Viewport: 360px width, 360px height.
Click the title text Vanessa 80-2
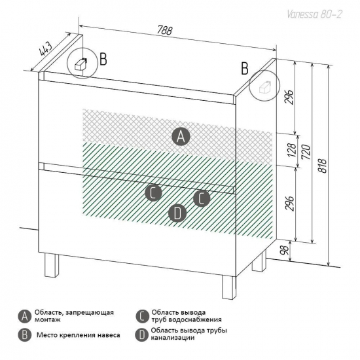pos(314,14)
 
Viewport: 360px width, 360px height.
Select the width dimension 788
pos(164,31)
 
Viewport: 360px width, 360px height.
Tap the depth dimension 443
pos(46,49)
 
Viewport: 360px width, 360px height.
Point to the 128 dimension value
pos(291,150)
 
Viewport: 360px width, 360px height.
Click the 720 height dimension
pos(306,152)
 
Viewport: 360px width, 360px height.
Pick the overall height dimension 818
pos(323,166)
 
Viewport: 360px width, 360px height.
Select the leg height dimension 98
pos(284,250)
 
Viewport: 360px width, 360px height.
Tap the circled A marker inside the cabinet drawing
pos(181,137)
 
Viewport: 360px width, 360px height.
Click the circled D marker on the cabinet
pos(177,213)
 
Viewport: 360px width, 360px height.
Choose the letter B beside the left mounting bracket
pos(103,59)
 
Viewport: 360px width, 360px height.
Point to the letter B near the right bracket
pos(245,68)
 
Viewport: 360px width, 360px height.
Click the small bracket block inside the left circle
pos(81,64)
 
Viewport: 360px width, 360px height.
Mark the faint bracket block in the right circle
pos(264,87)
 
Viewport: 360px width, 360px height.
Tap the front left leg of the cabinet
pos(52,265)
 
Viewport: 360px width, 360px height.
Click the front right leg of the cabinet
pos(229,287)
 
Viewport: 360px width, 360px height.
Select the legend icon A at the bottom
pos(25,317)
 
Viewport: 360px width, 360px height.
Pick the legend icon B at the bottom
pos(25,335)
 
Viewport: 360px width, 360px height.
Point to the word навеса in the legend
pos(109,335)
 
